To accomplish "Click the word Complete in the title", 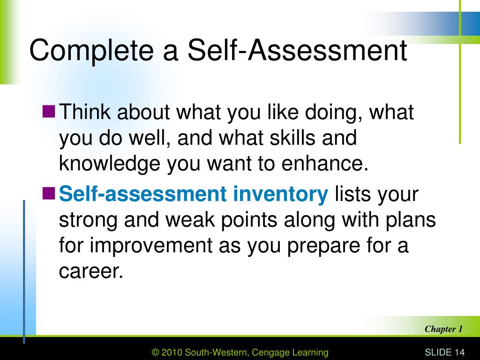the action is [91, 51].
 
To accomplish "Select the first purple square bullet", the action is [49, 112].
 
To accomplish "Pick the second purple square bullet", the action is [49, 194].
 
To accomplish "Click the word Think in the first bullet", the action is [85, 112].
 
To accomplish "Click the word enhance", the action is [324, 163].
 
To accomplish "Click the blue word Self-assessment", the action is [142, 194].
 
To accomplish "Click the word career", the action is [91, 271].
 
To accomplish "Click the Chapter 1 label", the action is [443, 329].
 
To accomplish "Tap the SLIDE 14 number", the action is [444, 352].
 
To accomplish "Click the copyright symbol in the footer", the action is [156, 352].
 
